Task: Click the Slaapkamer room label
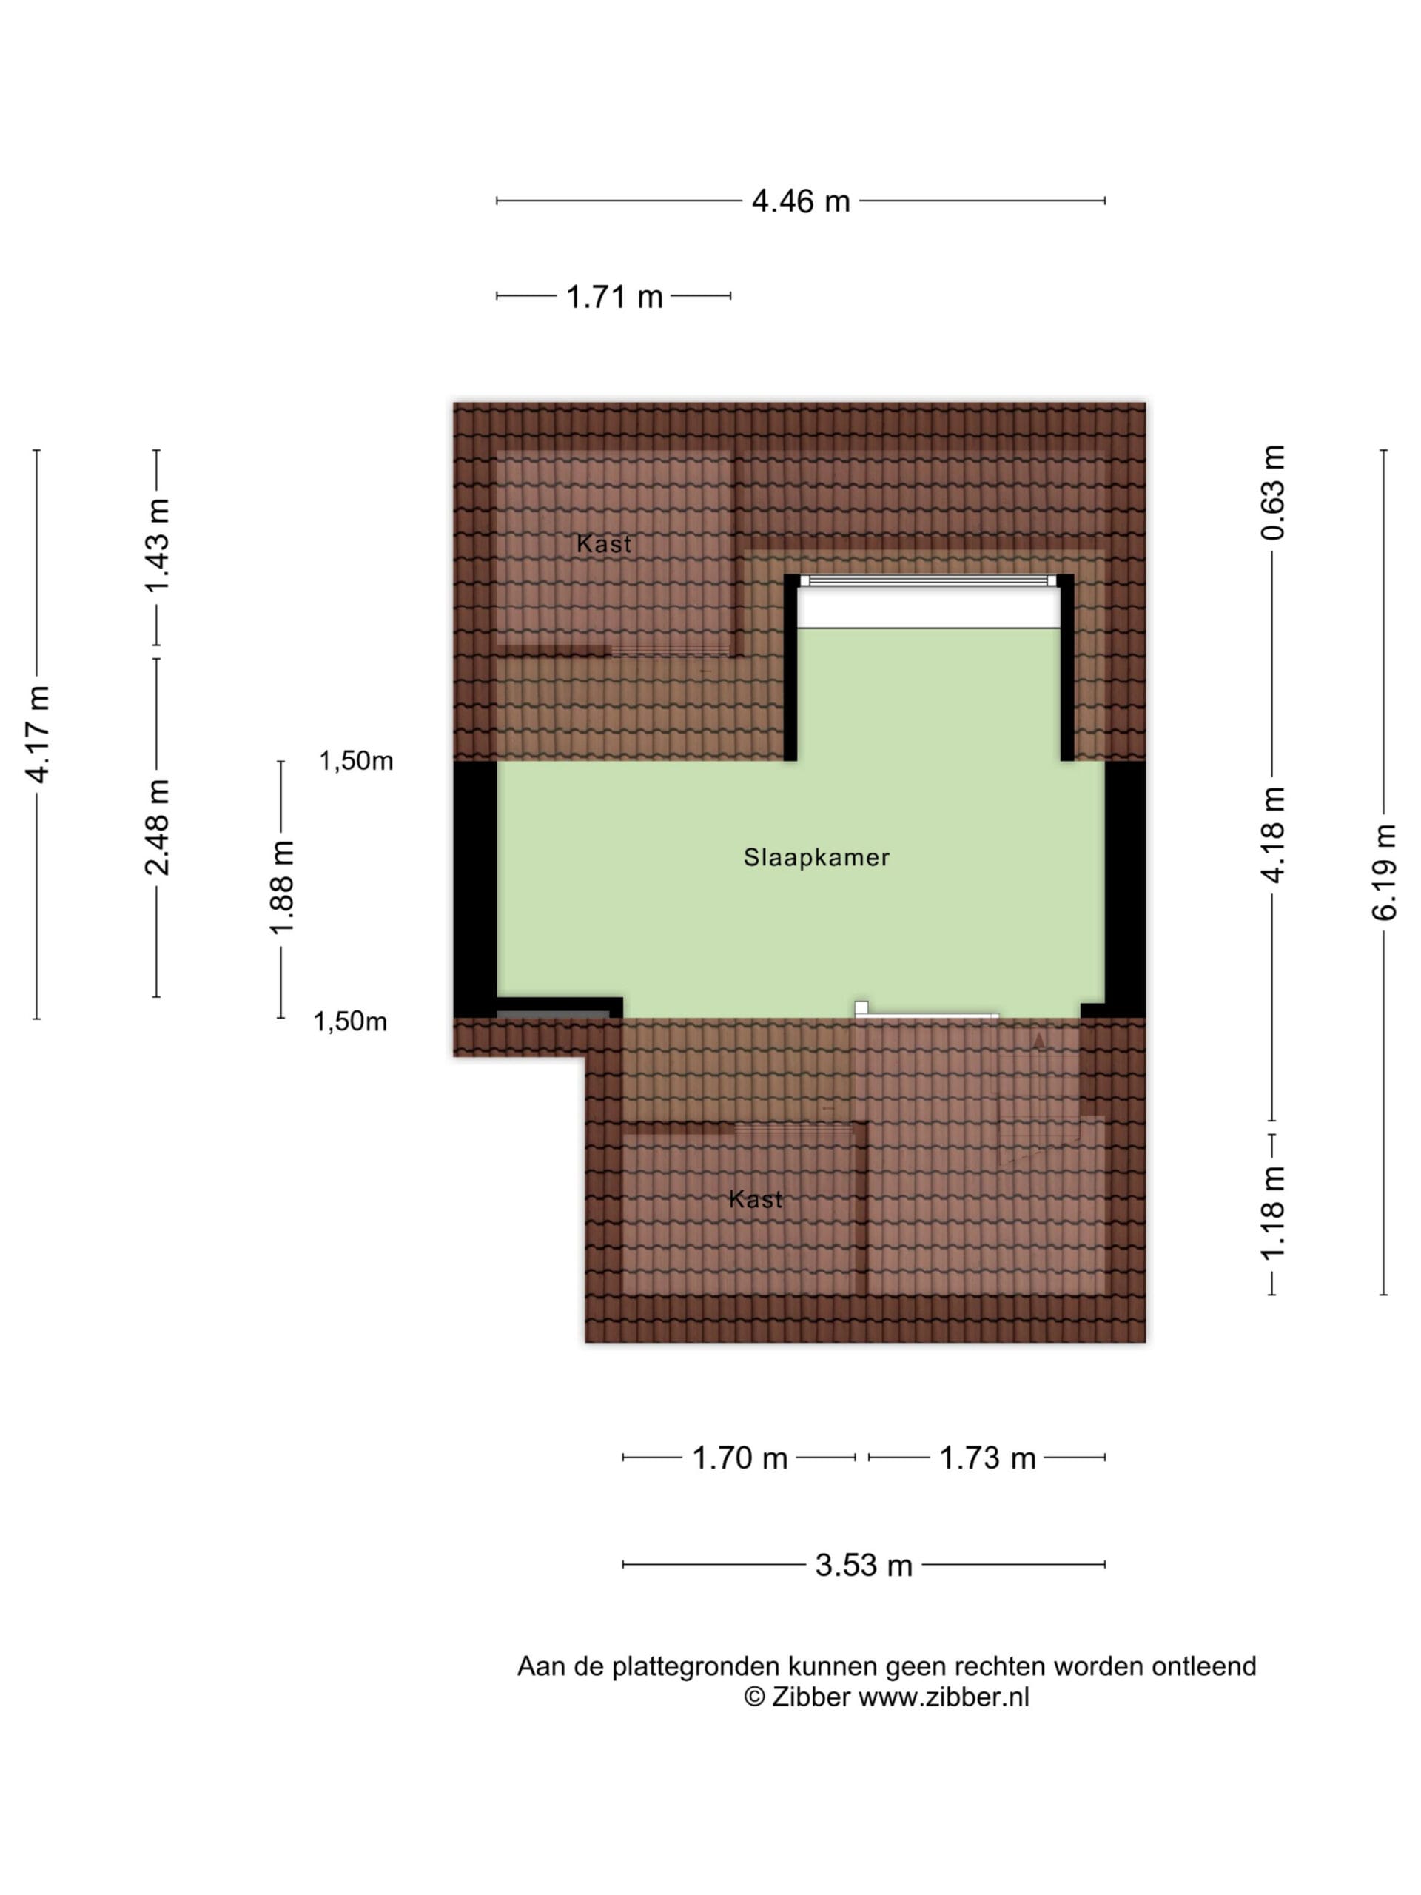pyautogui.click(x=816, y=857)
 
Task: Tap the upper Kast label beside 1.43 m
pyautogui.click(x=604, y=544)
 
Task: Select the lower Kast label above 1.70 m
pyautogui.click(x=756, y=1199)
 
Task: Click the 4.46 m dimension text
pyautogui.click(x=801, y=202)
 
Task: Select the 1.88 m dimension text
pyautogui.click(x=282, y=887)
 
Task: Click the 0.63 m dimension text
pyautogui.click(x=1273, y=492)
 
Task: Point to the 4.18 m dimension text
pyautogui.click(x=1273, y=834)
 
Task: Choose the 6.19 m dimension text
pyautogui.click(x=1384, y=872)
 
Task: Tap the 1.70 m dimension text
pyautogui.click(x=739, y=1458)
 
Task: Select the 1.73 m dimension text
pyautogui.click(x=987, y=1458)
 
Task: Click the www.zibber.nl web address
pyautogui.click(x=944, y=1697)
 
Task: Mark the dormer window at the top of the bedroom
pyautogui.click(x=929, y=580)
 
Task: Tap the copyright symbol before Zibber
pyautogui.click(x=753, y=1697)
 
